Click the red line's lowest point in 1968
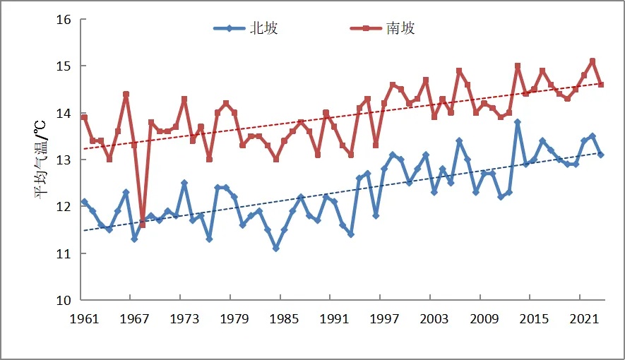click(x=143, y=225)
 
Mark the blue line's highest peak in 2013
click(x=518, y=122)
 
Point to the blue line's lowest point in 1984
click(x=276, y=248)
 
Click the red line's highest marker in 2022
click(x=593, y=61)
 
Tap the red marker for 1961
click(x=84, y=117)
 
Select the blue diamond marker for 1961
click(x=84, y=202)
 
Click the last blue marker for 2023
click(x=601, y=155)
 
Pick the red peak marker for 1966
click(x=126, y=94)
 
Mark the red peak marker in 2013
click(x=518, y=66)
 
